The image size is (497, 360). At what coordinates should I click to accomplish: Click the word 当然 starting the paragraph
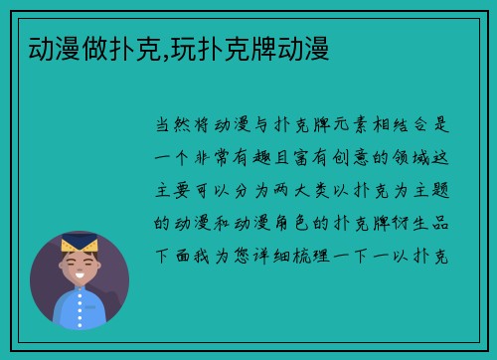coord(168,126)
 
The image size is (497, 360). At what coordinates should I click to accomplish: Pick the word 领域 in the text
coord(418,158)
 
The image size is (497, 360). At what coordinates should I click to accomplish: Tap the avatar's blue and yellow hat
coord(79,244)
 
